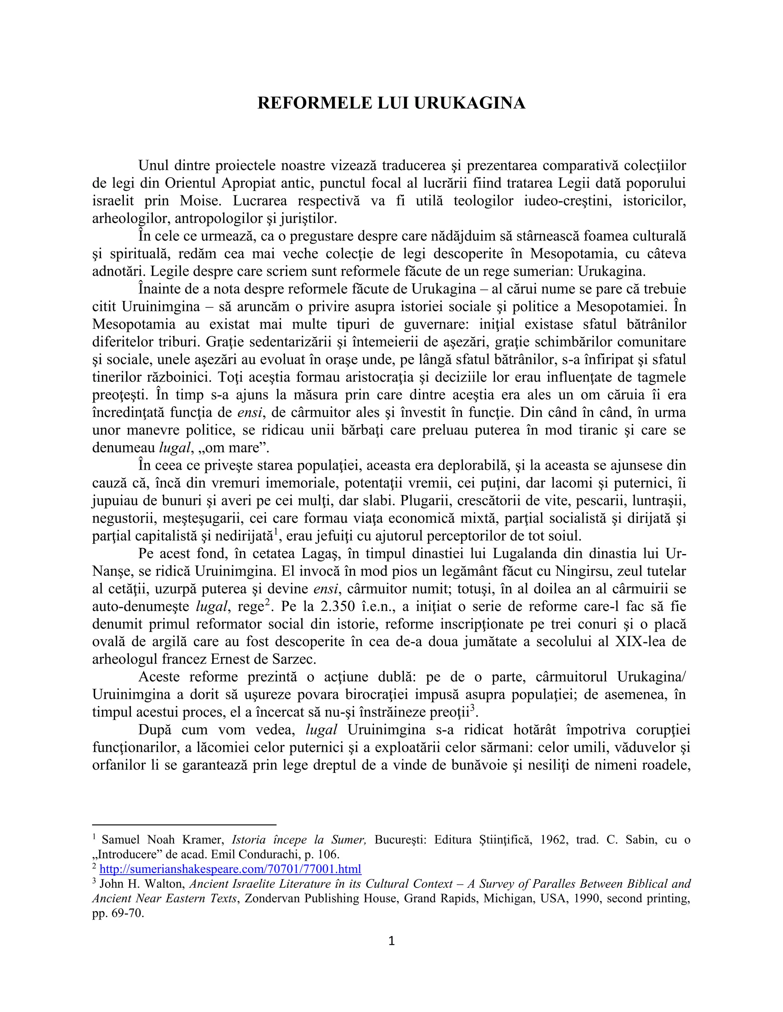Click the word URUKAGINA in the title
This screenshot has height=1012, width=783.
tap(469, 103)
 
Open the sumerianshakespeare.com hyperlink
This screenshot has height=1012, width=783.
tap(230, 869)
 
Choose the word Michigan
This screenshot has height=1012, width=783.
tap(509, 899)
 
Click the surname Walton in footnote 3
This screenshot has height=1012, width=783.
tap(165, 884)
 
